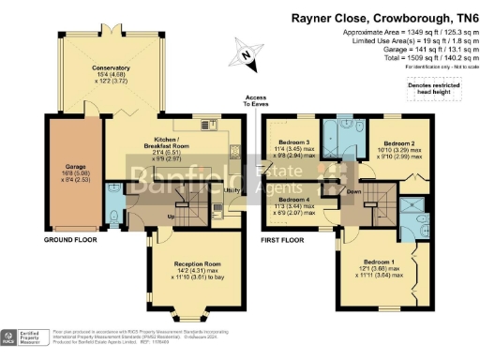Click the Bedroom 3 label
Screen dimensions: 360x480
(294, 142)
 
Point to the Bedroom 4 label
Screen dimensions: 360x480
(295, 200)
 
